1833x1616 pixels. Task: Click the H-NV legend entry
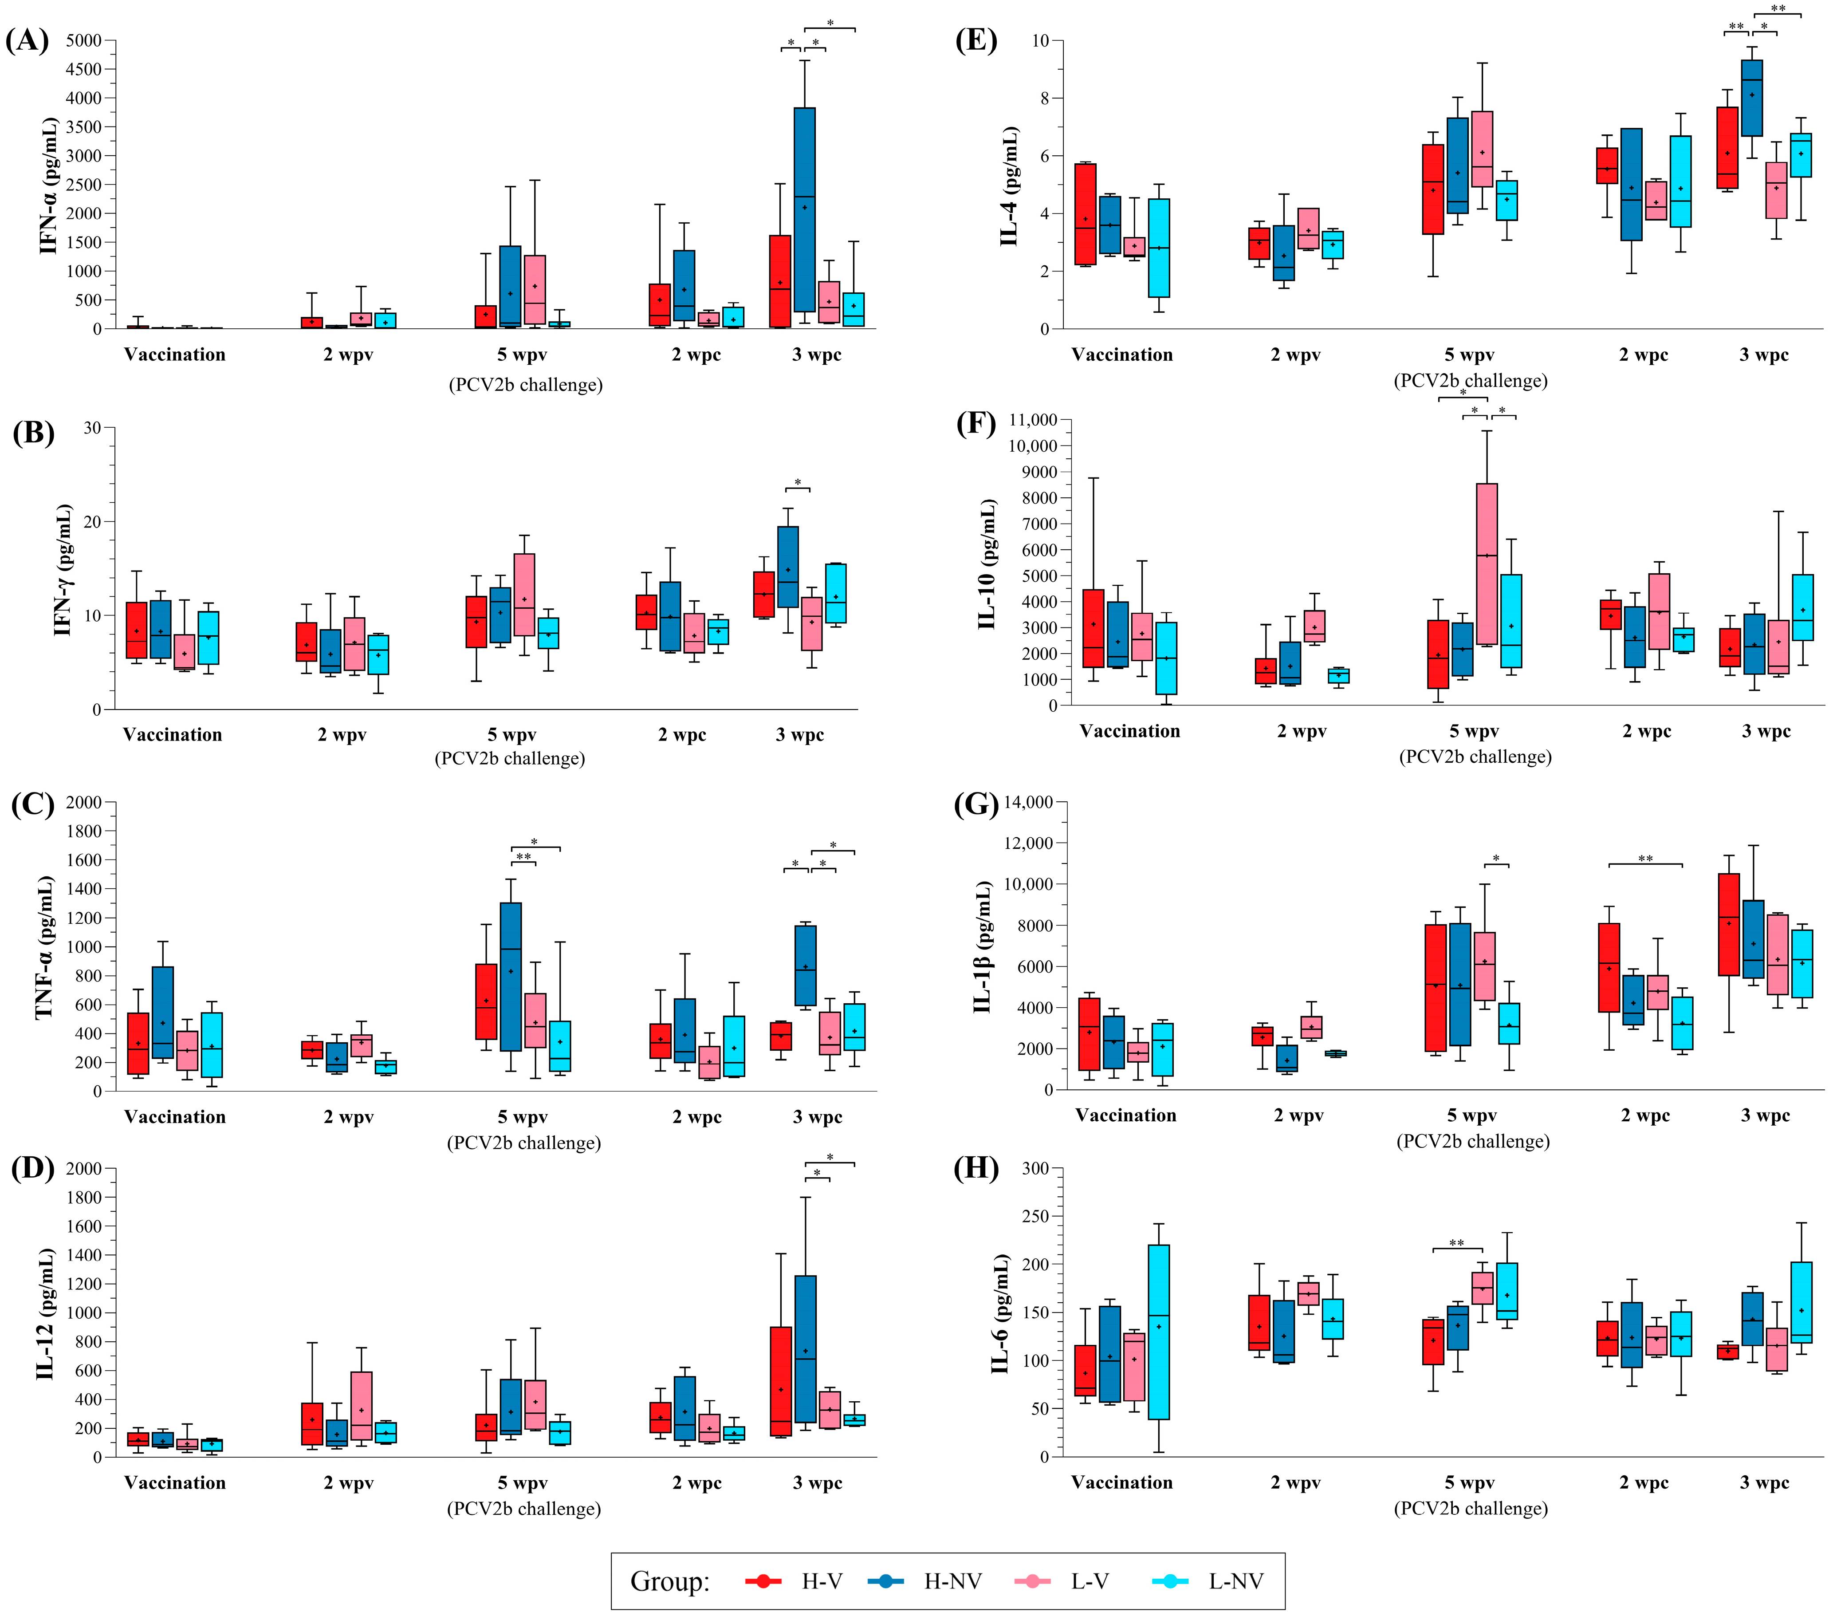pos(952,1581)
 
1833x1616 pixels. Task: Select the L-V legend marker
pos(1032,1581)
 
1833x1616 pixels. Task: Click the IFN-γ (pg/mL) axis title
pos(63,570)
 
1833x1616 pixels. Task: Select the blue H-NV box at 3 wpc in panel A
pos(804,209)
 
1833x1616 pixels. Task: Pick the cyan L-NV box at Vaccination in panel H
pos(1159,1332)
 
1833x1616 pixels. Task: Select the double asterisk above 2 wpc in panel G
pos(1646,859)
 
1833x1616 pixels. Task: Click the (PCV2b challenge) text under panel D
pos(524,1508)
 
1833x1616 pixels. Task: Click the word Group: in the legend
pos(669,1581)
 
